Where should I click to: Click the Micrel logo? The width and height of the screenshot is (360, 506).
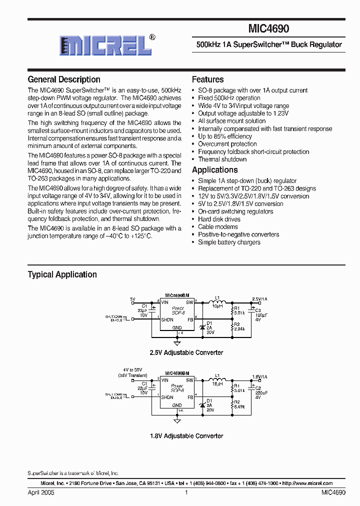tap(105, 45)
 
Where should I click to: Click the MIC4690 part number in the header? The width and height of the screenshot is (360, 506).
tap(268, 29)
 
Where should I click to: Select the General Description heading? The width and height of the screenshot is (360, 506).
tap(64, 79)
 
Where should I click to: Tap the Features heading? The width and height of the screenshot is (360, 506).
tap(207, 79)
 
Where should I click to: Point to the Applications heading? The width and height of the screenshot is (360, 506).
tap(214, 170)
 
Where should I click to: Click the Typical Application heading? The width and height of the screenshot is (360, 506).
tap(62, 274)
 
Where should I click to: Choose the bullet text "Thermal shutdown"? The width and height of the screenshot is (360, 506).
tap(222, 159)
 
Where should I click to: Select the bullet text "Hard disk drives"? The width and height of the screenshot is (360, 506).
tap(219, 219)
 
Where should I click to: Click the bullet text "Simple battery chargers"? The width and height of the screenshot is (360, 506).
tap(229, 242)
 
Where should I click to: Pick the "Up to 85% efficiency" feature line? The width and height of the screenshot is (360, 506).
tap(225, 136)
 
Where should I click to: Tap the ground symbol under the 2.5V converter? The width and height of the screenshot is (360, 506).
tap(176, 342)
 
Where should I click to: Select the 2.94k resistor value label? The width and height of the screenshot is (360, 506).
tap(239, 329)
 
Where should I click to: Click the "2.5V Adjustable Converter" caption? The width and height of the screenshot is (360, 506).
tap(186, 352)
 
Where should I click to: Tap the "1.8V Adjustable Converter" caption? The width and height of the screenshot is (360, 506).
tap(186, 436)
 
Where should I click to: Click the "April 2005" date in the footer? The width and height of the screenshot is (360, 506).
tap(41, 492)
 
